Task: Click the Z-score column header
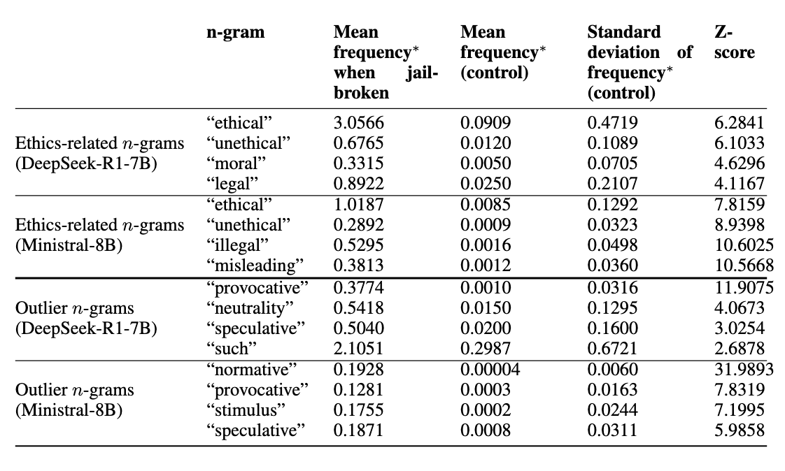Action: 734,43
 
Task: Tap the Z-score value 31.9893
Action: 740,370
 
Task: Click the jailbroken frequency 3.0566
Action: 359,124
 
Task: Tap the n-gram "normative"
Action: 253,370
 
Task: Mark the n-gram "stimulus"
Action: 248,410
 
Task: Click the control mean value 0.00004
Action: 490,370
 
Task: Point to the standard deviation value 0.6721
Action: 612,349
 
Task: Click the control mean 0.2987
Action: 486,349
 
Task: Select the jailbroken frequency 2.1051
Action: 359,349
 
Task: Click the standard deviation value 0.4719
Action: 612,124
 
